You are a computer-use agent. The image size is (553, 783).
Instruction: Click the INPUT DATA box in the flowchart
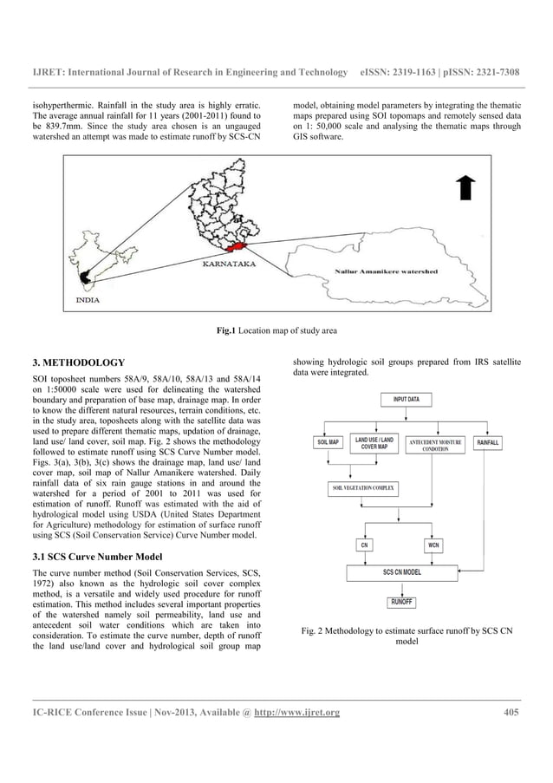click(407, 400)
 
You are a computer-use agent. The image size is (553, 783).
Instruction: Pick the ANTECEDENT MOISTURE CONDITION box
click(435, 445)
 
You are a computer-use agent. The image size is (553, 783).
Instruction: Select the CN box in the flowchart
click(365, 545)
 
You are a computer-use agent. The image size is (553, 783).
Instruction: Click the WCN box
click(434, 545)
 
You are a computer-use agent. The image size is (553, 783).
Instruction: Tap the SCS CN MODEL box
click(402, 573)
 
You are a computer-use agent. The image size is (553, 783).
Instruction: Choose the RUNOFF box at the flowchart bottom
click(402, 601)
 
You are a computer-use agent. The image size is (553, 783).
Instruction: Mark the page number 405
click(511, 713)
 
